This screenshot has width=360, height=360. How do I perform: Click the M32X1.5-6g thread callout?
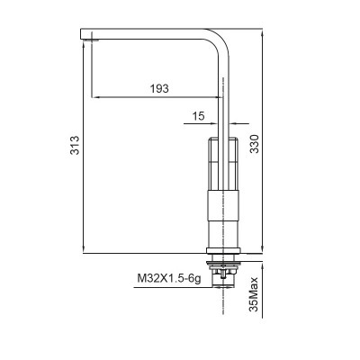coord(169,280)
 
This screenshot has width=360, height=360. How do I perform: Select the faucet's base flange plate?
coord(220,252)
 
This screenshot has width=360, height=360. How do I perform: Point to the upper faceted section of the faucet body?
coord(220,164)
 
